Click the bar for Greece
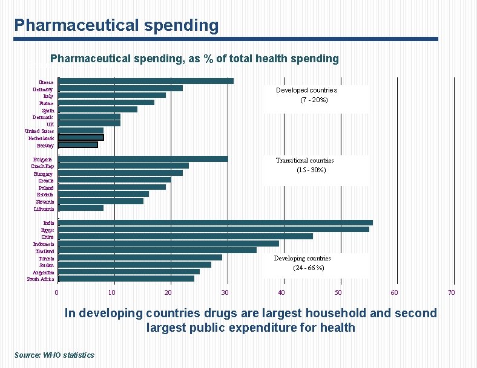(145, 81)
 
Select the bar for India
(215, 223)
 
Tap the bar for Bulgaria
(143, 159)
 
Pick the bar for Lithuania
(81, 208)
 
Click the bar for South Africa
(126, 279)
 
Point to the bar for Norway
(78, 145)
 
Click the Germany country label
(42, 89)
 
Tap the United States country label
(39, 131)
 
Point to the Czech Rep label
(42, 166)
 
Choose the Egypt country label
(47, 230)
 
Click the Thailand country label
(44, 251)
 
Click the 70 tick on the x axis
(451, 292)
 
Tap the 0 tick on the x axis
(57, 292)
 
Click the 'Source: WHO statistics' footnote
(54, 355)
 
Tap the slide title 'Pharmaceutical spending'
(116, 25)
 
